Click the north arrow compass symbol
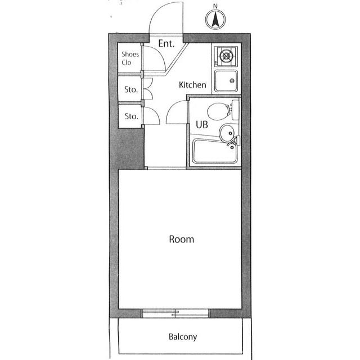coord(215,20)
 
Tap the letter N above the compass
coord(215,6)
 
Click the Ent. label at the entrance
coord(166,43)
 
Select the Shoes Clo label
coord(130,58)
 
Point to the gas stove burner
coord(226,56)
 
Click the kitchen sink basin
coord(226,80)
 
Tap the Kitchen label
coord(192,85)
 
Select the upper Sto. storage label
coord(131,89)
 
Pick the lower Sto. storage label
coord(131,116)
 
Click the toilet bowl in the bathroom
coord(218,111)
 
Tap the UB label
coord(202,124)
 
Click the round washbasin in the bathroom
coord(227,133)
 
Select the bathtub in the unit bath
coord(215,151)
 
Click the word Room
coord(181,239)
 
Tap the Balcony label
coord(183,336)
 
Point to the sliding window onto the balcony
coord(175,313)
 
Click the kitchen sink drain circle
coord(232,80)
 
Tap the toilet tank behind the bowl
coord(235,110)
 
